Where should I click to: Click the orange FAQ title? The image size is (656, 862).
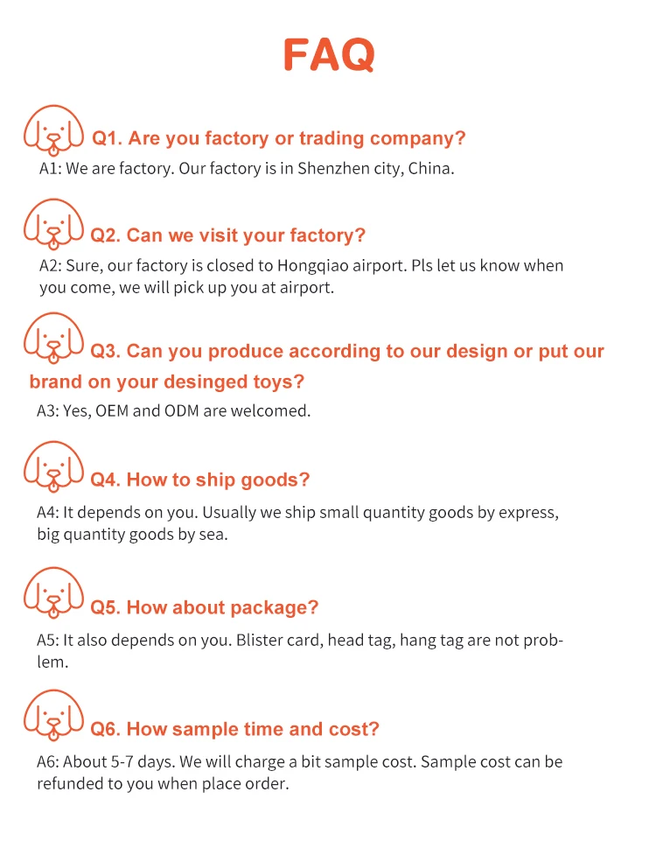click(329, 54)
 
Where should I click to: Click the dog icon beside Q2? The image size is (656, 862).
click(54, 225)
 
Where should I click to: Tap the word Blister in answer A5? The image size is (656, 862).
click(261, 640)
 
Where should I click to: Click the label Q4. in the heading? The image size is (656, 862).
click(108, 480)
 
